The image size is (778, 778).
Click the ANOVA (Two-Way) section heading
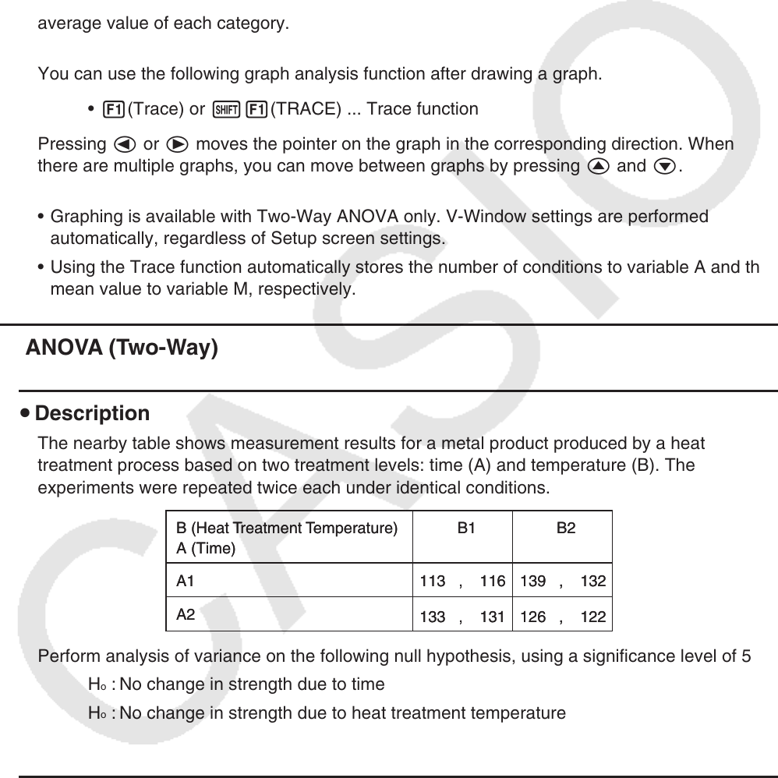(x=122, y=348)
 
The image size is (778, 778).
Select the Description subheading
(x=92, y=413)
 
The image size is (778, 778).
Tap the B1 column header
(x=466, y=528)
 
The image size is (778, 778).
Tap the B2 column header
(x=566, y=528)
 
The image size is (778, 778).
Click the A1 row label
(x=186, y=581)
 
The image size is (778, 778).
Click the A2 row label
(x=186, y=614)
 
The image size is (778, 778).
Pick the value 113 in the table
(x=432, y=582)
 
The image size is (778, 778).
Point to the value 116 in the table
(x=493, y=582)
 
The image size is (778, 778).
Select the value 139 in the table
(x=532, y=582)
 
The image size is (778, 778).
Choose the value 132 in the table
(x=593, y=582)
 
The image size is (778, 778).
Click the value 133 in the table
(x=432, y=617)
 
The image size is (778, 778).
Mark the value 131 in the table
(x=493, y=617)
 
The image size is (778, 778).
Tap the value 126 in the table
(x=532, y=617)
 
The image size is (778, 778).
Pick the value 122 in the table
(x=593, y=617)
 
